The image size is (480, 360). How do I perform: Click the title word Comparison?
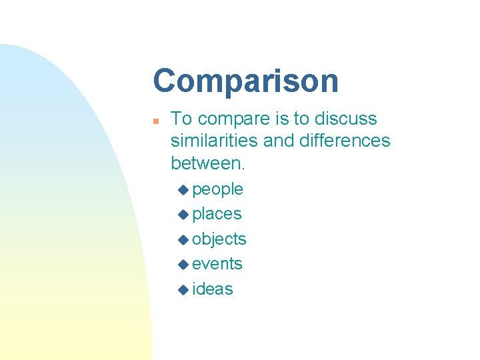(x=245, y=81)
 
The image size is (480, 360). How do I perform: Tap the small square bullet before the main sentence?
(x=155, y=121)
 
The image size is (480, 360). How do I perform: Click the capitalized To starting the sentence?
(x=183, y=119)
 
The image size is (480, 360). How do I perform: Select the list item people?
(x=217, y=190)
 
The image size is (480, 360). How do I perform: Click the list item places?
(x=217, y=214)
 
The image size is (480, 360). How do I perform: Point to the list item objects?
(x=219, y=239)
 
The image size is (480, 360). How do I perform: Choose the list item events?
(x=217, y=264)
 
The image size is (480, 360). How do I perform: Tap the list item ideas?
(x=213, y=289)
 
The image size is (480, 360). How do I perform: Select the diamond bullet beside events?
(x=184, y=265)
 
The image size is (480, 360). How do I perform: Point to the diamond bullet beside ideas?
(x=184, y=290)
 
